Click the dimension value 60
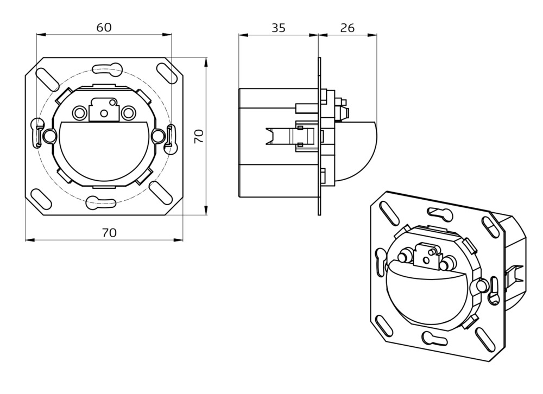coord(104,27)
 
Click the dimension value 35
coord(279,28)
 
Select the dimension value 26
coord(347,28)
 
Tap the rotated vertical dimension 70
coord(199,136)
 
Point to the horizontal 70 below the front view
coord(110,232)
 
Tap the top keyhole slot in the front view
coord(108,68)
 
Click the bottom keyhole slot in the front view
coord(102,203)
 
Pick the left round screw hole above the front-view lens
coord(80,113)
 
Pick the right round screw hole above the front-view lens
coord(129,113)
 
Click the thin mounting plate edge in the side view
coord(319,136)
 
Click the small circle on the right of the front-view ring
coord(159,135)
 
